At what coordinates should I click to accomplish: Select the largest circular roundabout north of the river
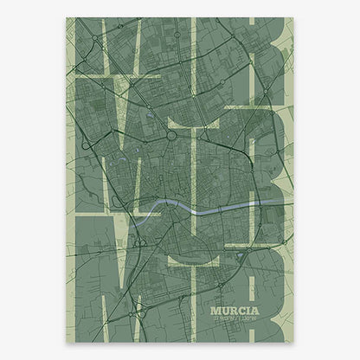[172, 134]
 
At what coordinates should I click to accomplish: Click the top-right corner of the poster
[292, 18]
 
